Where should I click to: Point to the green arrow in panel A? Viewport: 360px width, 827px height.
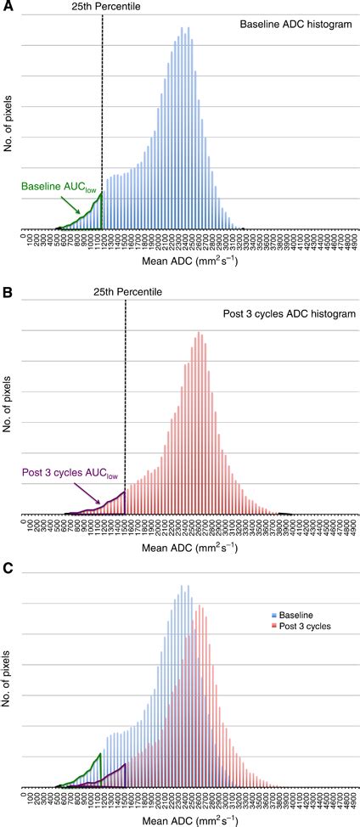click(x=73, y=205)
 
